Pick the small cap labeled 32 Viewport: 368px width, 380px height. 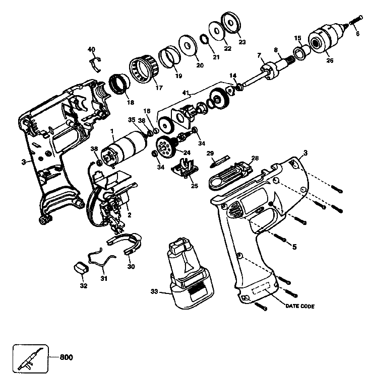coord(80,267)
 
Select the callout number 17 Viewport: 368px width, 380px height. coord(160,87)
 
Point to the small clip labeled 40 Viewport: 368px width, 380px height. coord(94,63)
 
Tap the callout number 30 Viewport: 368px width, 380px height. coord(131,266)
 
